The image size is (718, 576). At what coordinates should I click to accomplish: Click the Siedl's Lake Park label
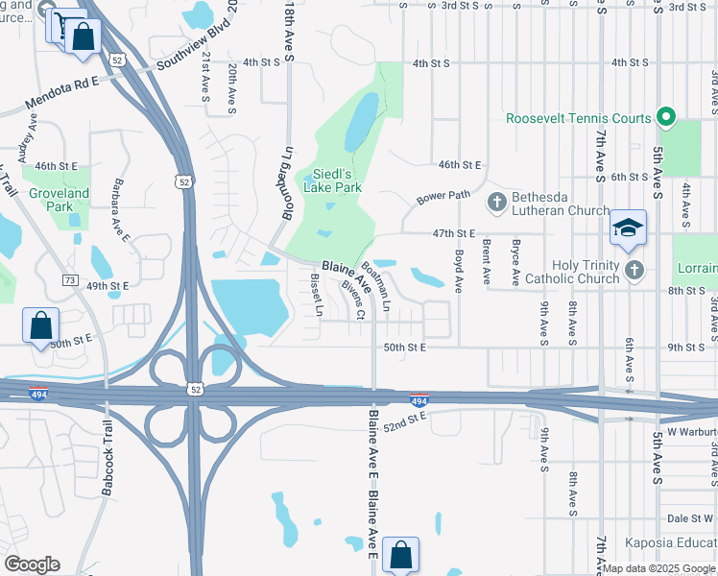(332, 181)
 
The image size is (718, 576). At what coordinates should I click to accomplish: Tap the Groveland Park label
(59, 200)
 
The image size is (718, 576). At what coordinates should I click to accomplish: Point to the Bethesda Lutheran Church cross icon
(496, 202)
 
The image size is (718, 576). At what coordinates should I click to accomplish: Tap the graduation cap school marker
(628, 228)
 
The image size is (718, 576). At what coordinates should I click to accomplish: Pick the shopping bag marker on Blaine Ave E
(400, 555)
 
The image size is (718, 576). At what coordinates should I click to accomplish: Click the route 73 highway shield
(69, 279)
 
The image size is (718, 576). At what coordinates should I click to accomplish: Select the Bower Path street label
(443, 198)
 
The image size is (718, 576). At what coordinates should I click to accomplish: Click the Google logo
(32, 564)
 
